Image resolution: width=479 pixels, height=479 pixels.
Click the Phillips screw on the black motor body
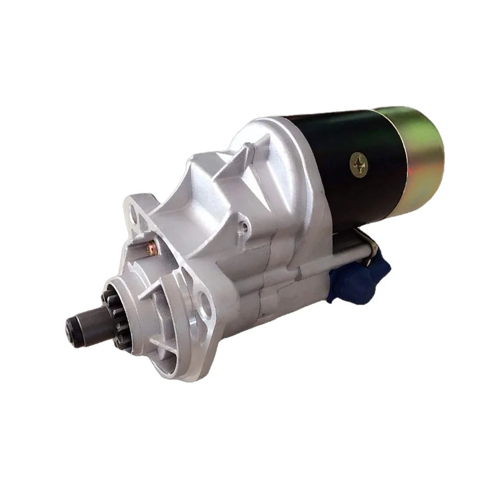[x=359, y=164]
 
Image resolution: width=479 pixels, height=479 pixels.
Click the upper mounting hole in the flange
[x=134, y=213]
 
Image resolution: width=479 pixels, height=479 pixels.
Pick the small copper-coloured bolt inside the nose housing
[x=150, y=248]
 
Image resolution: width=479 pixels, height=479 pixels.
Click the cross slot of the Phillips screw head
[x=359, y=164]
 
